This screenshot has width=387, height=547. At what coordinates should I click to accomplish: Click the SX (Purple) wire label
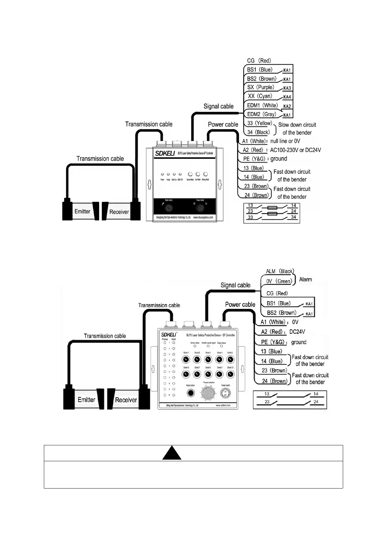260,87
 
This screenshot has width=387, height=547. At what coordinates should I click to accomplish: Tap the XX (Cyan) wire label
260,96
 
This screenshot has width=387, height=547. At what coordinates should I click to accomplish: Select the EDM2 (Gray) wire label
261,114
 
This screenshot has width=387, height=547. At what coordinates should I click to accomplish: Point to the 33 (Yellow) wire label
259,123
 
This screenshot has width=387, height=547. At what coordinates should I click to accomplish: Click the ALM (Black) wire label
279,271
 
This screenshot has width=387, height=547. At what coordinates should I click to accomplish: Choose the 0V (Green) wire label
279,281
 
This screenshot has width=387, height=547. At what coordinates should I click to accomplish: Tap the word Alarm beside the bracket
305,279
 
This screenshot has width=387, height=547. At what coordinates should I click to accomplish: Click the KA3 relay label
287,88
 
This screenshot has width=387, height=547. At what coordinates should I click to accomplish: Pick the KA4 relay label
287,97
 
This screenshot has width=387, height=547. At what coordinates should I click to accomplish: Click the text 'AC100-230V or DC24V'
295,150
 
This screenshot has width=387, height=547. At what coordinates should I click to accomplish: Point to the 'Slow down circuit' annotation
297,125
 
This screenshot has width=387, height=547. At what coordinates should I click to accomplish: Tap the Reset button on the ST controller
191,393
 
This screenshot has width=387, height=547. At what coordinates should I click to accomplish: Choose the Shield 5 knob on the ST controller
230,360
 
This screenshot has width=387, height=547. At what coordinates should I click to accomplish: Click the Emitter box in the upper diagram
83,212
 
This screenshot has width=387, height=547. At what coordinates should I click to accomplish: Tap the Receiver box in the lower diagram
126,400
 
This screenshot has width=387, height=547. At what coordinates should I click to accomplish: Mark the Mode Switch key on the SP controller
169,208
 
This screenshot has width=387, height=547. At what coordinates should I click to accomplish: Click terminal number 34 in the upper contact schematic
293,217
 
